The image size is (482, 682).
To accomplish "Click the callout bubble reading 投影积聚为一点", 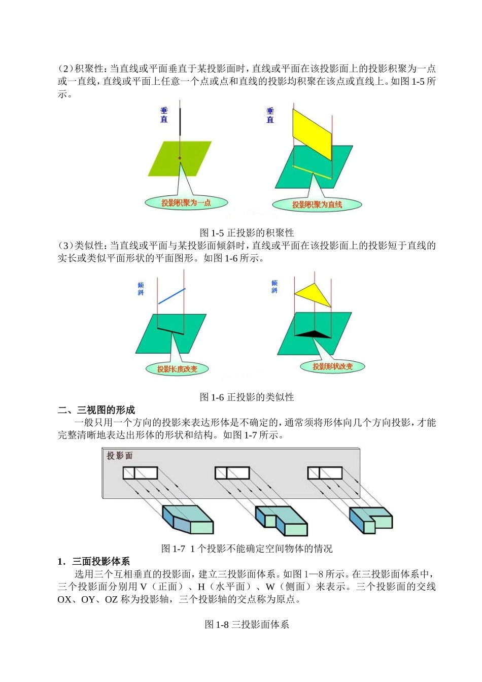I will click(x=186, y=203).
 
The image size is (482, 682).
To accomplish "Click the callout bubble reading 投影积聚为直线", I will click(x=317, y=205).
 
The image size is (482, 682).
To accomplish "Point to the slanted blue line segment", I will click(x=171, y=296).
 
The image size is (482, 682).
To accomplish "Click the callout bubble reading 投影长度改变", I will click(x=177, y=369).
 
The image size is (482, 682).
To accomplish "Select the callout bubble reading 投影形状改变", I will click(x=332, y=366).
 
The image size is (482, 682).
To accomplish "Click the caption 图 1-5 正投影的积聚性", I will click(x=247, y=233).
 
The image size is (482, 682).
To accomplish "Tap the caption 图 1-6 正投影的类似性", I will click(x=247, y=397).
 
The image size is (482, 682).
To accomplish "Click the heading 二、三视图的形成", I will click(x=96, y=410).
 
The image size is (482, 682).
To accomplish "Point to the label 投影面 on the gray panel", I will click(x=119, y=456).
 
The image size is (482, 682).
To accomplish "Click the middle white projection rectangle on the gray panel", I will click(x=232, y=473).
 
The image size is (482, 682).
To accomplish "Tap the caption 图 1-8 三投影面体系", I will click(x=247, y=625).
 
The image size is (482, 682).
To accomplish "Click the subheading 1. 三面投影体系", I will click(x=94, y=561).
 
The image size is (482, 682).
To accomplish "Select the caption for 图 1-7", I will click(x=247, y=549).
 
